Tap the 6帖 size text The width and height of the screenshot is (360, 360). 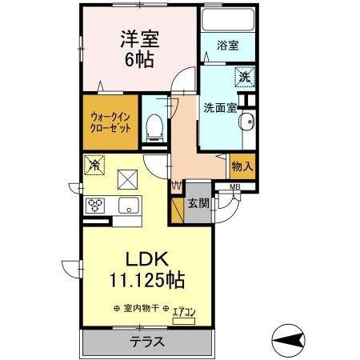click(x=137, y=61)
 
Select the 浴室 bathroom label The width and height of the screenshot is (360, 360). click(x=227, y=46)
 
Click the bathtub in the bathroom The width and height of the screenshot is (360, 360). click(x=227, y=18)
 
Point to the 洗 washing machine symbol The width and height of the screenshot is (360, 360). click(x=244, y=78)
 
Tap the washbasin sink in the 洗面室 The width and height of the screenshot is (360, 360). click(x=246, y=122)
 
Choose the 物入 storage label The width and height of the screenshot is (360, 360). click(x=242, y=166)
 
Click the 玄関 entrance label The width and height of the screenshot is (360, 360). click(x=198, y=203)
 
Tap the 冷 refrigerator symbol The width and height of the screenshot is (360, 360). click(x=94, y=166)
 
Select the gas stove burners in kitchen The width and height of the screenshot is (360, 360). click(x=97, y=205)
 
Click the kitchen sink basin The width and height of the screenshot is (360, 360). click(x=128, y=206)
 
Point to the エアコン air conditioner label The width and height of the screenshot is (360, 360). click(x=182, y=310)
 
